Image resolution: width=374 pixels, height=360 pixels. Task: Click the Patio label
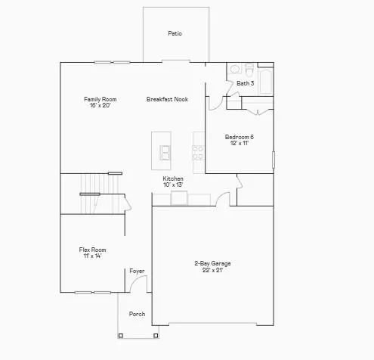click(x=175, y=33)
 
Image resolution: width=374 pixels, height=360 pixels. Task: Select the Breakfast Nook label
click(x=167, y=99)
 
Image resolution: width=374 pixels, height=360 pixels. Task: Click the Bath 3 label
click(x=245, y=83)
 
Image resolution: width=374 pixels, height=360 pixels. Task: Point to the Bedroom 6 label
click(x=239, y=137)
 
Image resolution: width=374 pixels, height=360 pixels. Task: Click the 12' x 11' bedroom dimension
click(x=239, y=143)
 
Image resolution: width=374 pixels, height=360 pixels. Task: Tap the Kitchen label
click(x=173, y=178)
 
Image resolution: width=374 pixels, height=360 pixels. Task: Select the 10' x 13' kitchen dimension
click(x=173, y=185)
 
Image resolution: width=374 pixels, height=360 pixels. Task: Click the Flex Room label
click(x=92, y=250)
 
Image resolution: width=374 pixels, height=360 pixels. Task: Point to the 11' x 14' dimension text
click(x=92, y=256)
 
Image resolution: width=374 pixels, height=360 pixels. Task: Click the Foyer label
click(x=137, y=271)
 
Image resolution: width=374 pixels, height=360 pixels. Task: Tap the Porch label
click(x=137, y=314)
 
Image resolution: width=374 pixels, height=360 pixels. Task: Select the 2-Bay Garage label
click(x=212, y=263)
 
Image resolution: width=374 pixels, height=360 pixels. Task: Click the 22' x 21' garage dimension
click(x=212, y=270)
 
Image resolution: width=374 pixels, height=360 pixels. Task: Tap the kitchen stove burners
click(x=199, y=150)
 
